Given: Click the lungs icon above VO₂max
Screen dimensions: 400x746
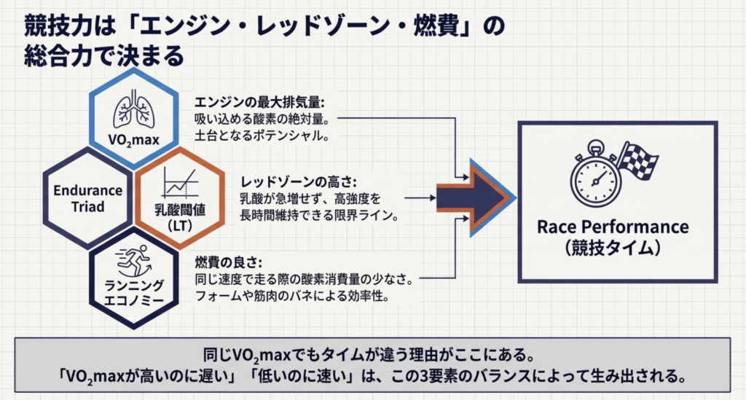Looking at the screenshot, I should click(x=133, y=111).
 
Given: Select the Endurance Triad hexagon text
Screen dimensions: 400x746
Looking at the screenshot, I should click(x=88, y=198).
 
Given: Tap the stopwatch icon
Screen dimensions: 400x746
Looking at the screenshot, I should click(x=594, y=176).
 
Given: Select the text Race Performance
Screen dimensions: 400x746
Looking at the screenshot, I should click(x=612, y=227).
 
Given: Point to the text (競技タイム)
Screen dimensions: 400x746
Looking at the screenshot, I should click(x=612, y=248).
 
